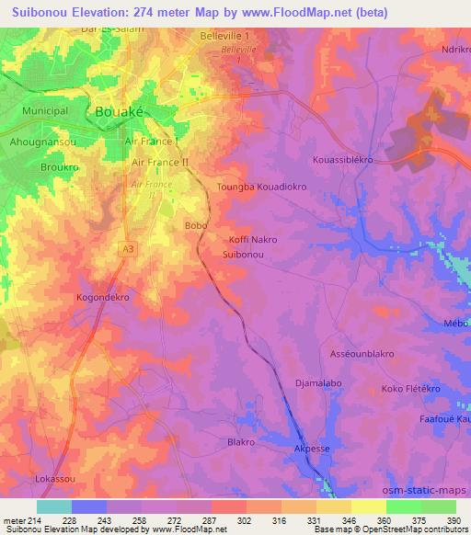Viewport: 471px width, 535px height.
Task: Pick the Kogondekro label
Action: click(103, 299)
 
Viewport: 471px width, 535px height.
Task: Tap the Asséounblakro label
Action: click(362, 354)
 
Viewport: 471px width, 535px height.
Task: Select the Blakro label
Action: click(240, 442)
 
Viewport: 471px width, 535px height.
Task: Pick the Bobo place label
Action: click(196, 225)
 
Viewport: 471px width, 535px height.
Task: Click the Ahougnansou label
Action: click(41, 142)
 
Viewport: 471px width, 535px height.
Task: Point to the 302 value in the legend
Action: click(245, 521)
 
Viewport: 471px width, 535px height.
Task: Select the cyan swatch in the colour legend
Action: click(54, 507)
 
